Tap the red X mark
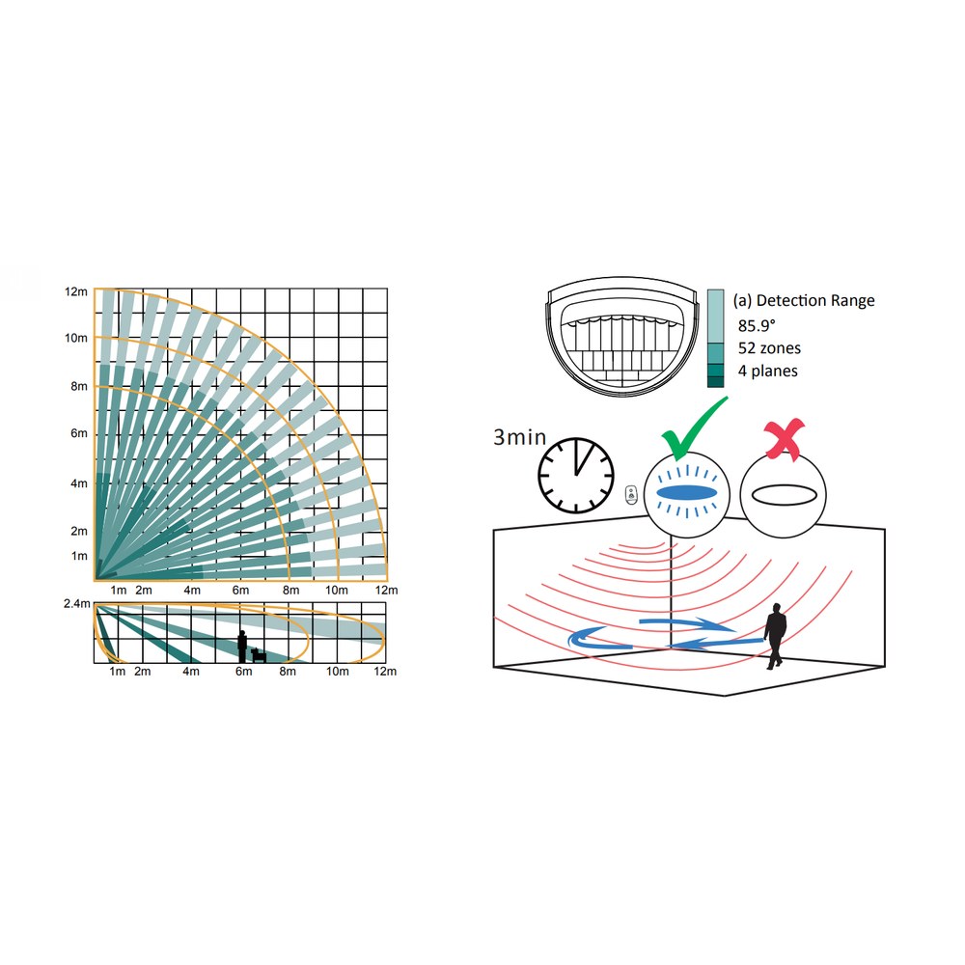pos(784,438)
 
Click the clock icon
pos(576,476)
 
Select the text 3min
pos(520,437)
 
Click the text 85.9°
pos(757,325)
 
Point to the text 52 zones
pos(769,348)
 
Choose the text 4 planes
pos(767,372)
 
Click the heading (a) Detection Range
pos(804,300)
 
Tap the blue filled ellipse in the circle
pos(686,493)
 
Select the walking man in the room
pos(775,636)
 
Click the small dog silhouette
pos(259,655)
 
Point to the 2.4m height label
pos(77,604)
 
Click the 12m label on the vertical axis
pos(76,291)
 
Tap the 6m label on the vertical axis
pos(79,433)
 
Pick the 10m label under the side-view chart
pos(337,671)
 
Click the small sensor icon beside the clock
pos(631,494)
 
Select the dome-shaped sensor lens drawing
pos(622,337)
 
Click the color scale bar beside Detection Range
pos(715,338)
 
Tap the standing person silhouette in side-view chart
pos(242,647)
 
